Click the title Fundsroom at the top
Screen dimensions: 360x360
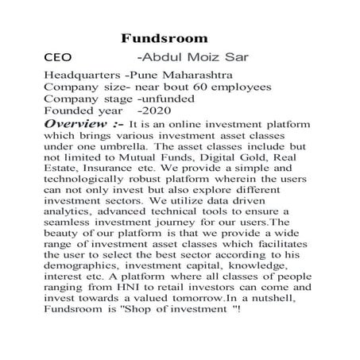coord(165,38)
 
